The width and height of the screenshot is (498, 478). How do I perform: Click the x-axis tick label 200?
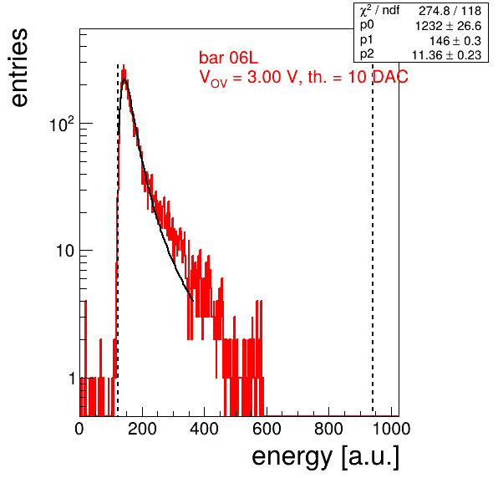142,429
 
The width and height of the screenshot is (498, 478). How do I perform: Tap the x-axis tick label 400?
204,429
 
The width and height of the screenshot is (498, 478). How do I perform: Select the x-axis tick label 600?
267,429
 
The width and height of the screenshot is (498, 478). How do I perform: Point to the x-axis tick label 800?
328,429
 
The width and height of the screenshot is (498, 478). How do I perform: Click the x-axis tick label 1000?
391,429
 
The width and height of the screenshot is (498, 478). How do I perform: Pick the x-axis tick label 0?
79,429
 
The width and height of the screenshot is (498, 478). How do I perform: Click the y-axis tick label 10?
65,251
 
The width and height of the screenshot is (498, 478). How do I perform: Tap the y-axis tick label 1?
72,379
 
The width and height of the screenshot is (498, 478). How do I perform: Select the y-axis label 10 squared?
62,124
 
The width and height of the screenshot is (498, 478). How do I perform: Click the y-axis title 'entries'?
20,68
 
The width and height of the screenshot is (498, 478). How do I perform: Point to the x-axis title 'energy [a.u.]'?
326,457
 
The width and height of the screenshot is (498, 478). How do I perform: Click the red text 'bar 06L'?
228,58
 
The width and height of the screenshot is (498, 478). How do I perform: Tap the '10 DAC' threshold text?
378,77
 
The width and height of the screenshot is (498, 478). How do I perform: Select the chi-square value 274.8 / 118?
450,11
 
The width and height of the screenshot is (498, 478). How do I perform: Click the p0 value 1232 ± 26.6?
448,26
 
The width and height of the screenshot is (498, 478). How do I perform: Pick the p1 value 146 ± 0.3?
455,41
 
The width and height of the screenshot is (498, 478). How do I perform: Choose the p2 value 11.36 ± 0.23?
446,55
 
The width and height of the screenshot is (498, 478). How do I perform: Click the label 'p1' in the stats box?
366,40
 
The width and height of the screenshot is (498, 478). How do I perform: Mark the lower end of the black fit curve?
193,301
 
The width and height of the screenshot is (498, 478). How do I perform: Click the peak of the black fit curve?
124,79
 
